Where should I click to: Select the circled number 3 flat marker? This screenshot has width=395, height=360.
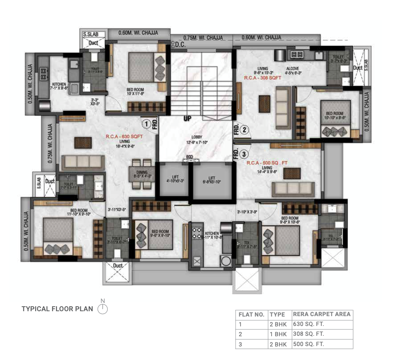click(x=244, y=154)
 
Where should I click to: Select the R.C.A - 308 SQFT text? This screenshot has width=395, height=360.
click(x=263, y=77)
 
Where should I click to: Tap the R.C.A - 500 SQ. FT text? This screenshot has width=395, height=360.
click(x=267, y=163)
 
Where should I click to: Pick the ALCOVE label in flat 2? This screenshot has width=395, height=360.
click(x=293, y=68)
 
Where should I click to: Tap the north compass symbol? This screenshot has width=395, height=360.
click(x=102, y=308)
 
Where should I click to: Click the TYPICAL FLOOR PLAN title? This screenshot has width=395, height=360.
click(x=57, y=309)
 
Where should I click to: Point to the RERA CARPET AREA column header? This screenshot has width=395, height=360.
click(x=322, y=314)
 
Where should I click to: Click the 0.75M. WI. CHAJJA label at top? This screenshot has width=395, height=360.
click(x=203, y=38)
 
